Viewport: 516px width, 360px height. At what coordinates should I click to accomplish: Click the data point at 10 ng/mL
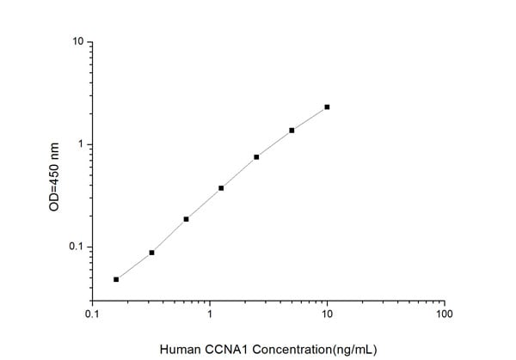tap(327, 107)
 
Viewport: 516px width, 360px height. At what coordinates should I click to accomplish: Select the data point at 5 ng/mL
tap(292, 131)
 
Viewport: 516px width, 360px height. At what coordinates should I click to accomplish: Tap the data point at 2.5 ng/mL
tap(256, 157)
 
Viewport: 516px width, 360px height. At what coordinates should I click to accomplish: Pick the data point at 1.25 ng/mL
tap(221, 188)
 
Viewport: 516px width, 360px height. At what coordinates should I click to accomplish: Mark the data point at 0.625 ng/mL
tap(186, 219)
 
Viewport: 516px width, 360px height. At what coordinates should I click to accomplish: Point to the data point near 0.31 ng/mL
tap(151, 253)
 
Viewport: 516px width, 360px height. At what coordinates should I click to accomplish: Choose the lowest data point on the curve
tap(116, 279)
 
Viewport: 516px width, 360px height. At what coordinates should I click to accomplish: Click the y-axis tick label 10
tap(77, 42)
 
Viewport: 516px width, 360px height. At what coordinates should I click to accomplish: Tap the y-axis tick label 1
tap(80, 144)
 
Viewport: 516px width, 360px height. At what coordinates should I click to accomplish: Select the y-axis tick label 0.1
tap(76, 247)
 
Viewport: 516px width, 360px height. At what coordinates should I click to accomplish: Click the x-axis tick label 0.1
tap(92, 315)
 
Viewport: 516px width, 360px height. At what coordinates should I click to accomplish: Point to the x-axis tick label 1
tap(210, 315)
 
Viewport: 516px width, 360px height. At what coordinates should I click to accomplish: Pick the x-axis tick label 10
tap(327, 315)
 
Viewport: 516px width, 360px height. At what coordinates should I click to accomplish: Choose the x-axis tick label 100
tap(444, 315)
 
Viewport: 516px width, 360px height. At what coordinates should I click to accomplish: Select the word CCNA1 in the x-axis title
tap(225, 349)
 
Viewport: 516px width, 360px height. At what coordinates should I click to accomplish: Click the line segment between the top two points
tap(310, 119)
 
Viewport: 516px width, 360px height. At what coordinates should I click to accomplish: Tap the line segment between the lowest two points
tap(133, 266)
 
